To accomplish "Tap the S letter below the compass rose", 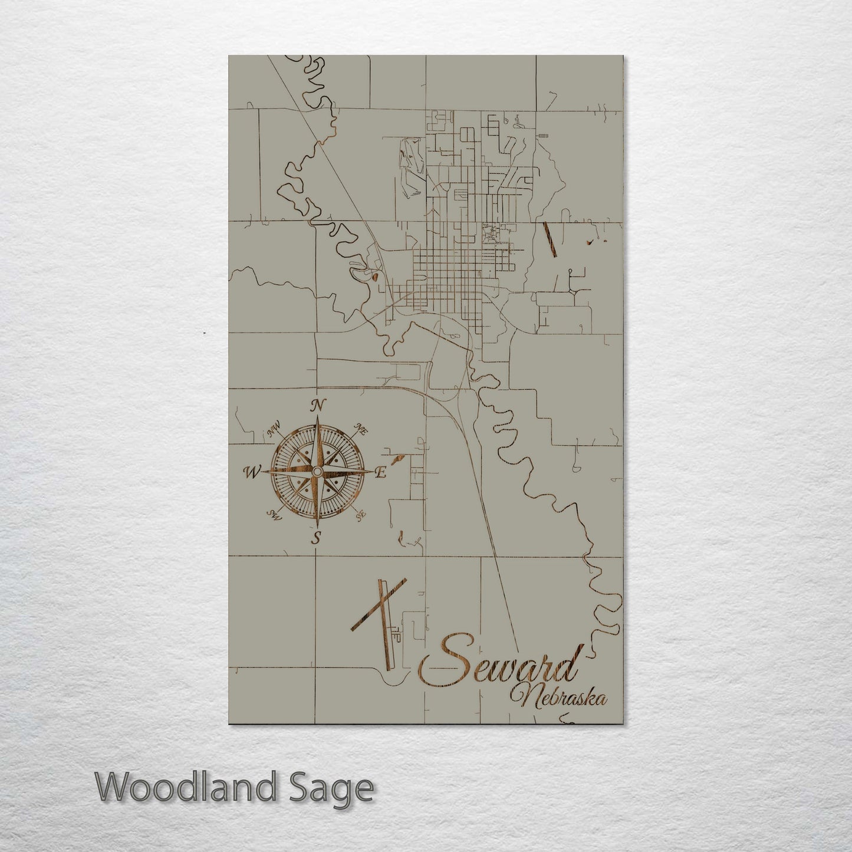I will (x=317, y=537).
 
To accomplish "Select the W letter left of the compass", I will (x=252, y=471).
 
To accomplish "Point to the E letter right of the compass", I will (x=381, y=472).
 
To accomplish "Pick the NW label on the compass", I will (x=274, y=431).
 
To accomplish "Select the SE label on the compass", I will (x=360, y=517).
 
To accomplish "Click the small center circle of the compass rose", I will (x=317, y=472).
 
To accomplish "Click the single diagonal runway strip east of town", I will (x=550, y=239).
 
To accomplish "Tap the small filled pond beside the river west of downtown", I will (x=375, y=275).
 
